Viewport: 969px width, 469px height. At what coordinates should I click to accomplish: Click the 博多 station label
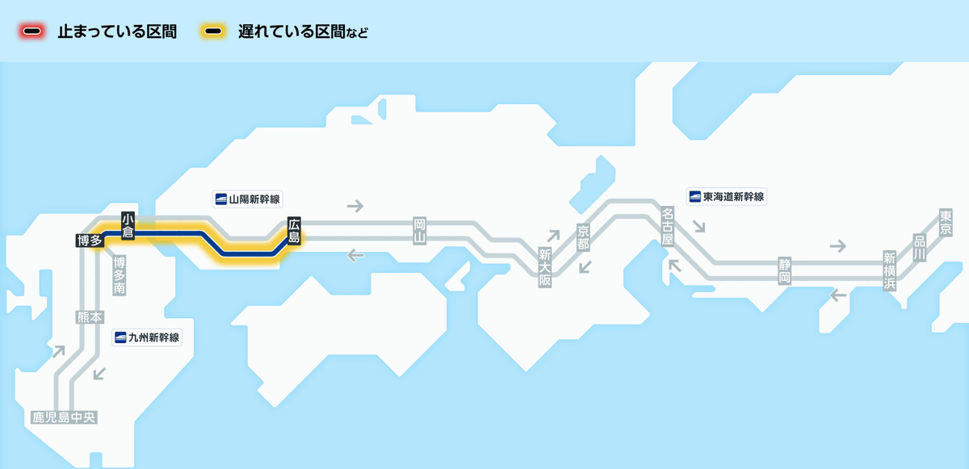click(x=89, y=240)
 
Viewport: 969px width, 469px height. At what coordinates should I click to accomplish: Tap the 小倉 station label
click(x=128, y=225)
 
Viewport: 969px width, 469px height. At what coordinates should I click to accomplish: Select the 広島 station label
click(x=294, y=231)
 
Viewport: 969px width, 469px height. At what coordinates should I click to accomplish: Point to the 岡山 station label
click(x=418, y=230)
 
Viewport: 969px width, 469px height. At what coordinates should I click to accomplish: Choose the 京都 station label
click(x=583, y=237)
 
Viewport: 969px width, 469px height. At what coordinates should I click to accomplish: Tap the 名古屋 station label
click(x=667, y=225)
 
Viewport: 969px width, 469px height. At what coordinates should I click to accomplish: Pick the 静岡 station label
click(x=783, y=270)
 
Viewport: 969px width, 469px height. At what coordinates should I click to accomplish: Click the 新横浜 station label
click(x=889, y=271)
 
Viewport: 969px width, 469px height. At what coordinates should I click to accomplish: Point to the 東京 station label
click(x=946, y=223)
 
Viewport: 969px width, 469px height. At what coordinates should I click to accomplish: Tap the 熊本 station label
click(x=89, y=317)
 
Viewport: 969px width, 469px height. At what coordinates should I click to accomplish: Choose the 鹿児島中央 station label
click(x=64, y=417)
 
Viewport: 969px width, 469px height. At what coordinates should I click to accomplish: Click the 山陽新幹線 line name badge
click(x=249, y=198)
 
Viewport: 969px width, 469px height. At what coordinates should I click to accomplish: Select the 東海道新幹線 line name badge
click(x=727, y=196)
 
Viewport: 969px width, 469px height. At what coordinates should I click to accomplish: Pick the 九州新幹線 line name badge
click(x=148, y=337)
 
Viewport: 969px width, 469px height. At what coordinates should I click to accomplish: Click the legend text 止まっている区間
click(x=117, y=32)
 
